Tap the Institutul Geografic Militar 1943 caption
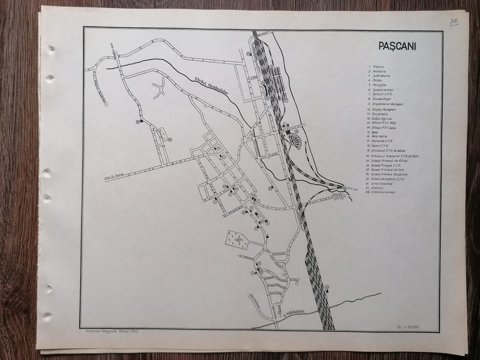109,332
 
